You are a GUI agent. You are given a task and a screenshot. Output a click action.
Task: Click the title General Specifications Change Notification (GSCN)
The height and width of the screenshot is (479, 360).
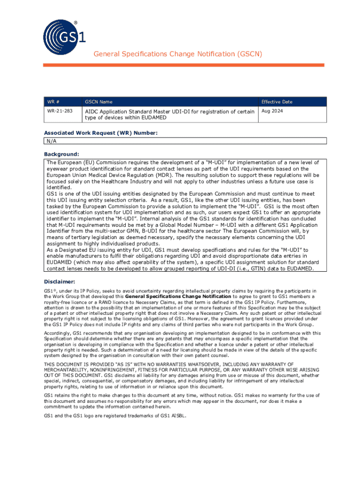178,54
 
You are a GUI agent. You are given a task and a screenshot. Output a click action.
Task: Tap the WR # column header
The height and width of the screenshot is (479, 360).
52,102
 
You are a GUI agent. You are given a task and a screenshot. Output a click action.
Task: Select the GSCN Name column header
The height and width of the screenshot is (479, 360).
98,102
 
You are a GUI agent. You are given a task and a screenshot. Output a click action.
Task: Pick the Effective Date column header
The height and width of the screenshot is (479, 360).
277,102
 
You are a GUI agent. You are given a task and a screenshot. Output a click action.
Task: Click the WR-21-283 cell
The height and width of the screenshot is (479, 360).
59,111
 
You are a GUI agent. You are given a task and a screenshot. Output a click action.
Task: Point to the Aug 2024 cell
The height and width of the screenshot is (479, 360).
272,111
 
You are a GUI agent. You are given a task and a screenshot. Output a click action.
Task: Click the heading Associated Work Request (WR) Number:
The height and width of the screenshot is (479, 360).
101,133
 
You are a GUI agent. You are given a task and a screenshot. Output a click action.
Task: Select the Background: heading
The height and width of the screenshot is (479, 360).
62,154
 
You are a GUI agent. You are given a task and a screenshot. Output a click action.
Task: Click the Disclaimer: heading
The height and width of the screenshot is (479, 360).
59,282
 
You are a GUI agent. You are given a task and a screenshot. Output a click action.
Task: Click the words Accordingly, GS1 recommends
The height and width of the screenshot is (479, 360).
77,333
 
